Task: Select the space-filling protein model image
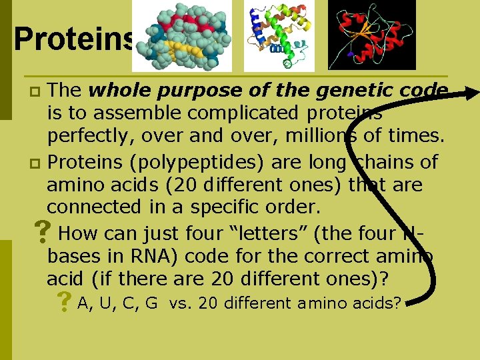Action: tap(182, 36)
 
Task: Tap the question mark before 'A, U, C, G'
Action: tap(64, 303)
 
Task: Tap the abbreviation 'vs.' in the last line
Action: tap(181, 303)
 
